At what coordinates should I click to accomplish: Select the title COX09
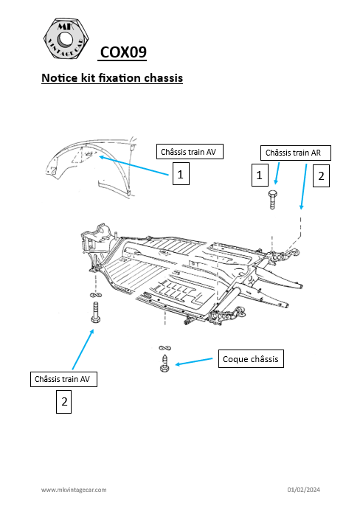[x=123, y=52]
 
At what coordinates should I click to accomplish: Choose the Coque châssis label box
[x=251, y=359]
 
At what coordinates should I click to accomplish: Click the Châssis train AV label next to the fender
[x=191, y=151]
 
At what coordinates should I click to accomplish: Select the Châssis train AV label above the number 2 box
[x=65, y=379]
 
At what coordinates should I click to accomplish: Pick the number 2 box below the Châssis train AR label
[x=321, y=176]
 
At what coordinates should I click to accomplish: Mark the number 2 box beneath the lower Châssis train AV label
[x=64, y=402]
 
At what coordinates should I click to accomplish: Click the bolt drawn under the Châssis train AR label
[x=274, y=199]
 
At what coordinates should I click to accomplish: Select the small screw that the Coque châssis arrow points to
[x=165, y=363]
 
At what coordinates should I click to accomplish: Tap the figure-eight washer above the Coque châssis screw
[x=164, y=347]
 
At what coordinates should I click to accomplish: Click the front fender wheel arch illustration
[x=85, y=166]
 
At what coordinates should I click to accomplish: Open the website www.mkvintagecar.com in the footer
[x=74, y=490]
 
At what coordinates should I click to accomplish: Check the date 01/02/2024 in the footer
[x=303, y=490]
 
